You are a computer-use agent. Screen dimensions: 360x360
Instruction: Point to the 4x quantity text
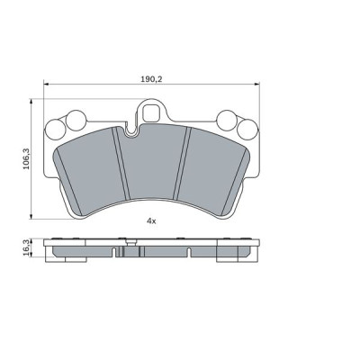click(151, 220)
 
